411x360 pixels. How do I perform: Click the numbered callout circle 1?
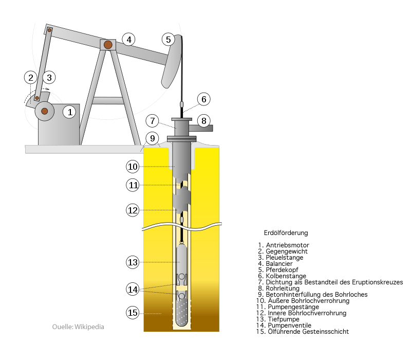click(x=69, y=111)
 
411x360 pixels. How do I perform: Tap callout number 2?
click(x=31, y=78)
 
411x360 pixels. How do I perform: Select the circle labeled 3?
click(x=49, y=78)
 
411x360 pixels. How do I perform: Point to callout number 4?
click(x=128, y=39)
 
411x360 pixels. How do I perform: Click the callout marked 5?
click(x=167, y=39)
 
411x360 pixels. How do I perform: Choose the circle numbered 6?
click(x=203, y=99)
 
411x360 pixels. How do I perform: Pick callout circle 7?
click(x=152, y=121)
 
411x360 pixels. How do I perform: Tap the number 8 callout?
click(x=203, y=121)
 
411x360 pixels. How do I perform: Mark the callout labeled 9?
click(x=152, y=138)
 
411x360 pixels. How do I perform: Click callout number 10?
click(x=133, y=167)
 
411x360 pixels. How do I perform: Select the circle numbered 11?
click(x=133, y=185)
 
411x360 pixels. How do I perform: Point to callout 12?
click(x=133, y=210)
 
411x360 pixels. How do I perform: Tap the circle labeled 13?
click(x=133, y=262)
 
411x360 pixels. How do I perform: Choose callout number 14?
click(x=133, y=289)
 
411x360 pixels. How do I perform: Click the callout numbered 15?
click(x=133, y=312)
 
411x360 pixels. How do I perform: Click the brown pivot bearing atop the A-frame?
click(x=108, y=45)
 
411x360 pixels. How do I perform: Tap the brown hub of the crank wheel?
click(x=45, y=111)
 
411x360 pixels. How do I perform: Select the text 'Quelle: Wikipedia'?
click(x=78, y=327)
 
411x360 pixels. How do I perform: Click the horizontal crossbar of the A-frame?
click(x=108, y=100)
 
